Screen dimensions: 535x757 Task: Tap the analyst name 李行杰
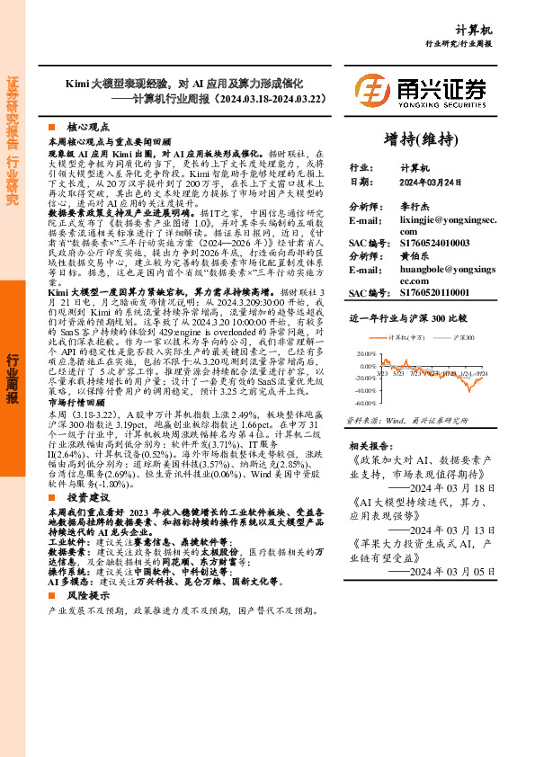click(415, 207)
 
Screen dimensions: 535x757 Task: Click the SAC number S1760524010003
click(433, 243)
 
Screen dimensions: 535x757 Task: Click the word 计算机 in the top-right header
click(498, 29)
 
